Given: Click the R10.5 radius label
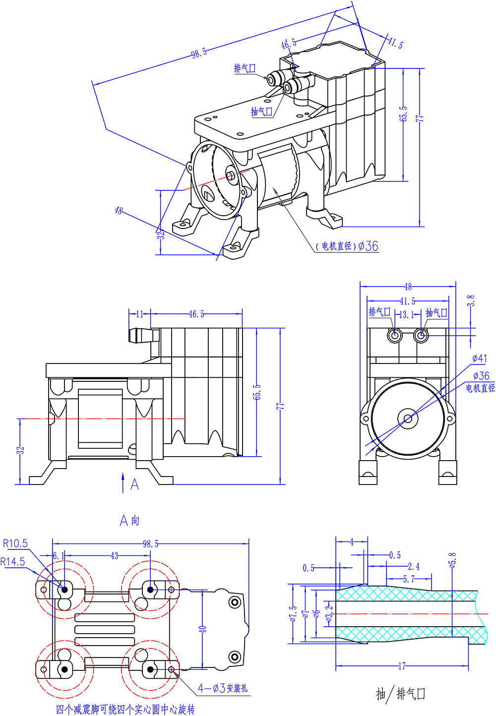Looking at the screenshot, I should (x=15, y=543).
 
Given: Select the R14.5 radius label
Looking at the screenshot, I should (x=13, y=562).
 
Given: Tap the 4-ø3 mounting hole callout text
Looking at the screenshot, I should (x=223, y=688).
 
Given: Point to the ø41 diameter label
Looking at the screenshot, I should (x=480, y=358).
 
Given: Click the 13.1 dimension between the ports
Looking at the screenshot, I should (x=407, y=315).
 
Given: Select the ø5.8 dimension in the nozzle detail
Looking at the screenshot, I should (x=452, y=560).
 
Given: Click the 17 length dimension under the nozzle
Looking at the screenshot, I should (x=402, y=666).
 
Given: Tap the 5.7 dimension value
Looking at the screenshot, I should (x=409, y=579).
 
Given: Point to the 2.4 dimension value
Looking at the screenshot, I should (x=414, y=566).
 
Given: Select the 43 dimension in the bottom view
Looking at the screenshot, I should (x=114, y=556).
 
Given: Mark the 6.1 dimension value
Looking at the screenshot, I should (x=59, y=556).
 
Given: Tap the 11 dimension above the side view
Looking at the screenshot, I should (x=139, y=314).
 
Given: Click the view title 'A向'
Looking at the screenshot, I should (x=129, y=520).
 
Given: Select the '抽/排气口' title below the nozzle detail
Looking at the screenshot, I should (x=401, y=694).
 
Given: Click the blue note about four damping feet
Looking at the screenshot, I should (x=125, y=710).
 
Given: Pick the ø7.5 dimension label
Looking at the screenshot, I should (x=293, y=613).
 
